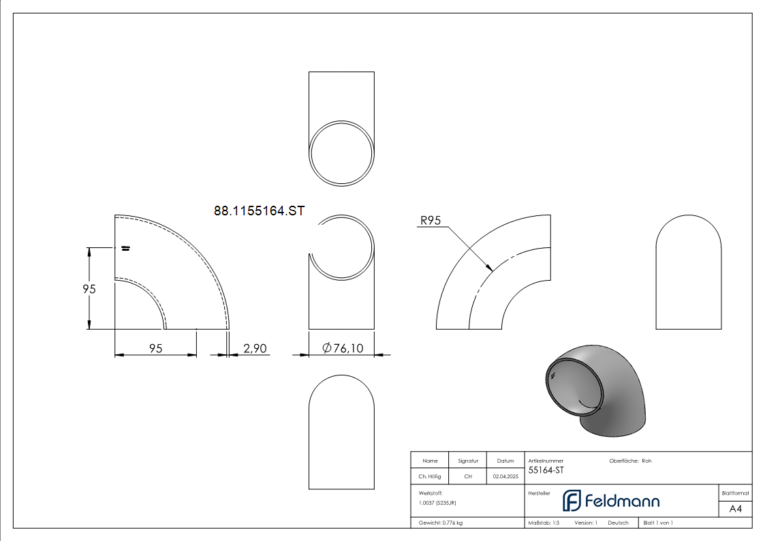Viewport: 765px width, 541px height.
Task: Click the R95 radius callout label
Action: click(x=431, y=221)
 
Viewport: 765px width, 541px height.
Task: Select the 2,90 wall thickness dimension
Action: click(x=255, y=348)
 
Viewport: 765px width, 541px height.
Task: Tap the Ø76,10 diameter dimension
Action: click(x=343, y=347)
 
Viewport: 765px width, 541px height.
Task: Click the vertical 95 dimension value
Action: click(x=89, y=289)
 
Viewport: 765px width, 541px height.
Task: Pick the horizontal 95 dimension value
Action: click(x=155, y=348)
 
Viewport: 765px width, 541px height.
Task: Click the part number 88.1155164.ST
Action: click(x=259, y=211)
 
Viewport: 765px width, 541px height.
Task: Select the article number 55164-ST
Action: click(x=546, y=470)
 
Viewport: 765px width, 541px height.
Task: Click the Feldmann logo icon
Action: click(x=572, y=501)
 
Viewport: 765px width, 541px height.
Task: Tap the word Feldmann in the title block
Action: click(x=622, y=501)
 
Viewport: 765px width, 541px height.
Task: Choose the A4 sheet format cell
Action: click(x=735, y=509)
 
